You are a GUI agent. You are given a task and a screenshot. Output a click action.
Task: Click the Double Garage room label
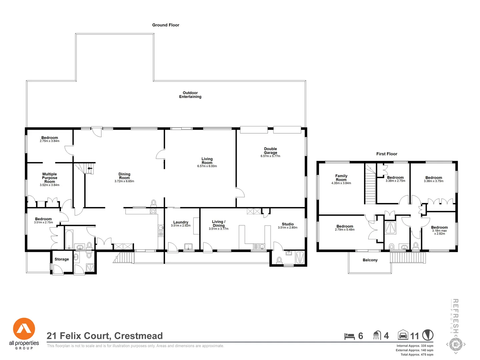270,151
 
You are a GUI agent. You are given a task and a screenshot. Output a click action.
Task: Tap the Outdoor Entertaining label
190,95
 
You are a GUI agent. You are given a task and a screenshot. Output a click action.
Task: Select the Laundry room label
181,222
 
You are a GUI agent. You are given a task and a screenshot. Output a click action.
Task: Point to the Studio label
288,224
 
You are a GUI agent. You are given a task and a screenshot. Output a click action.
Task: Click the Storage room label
62,259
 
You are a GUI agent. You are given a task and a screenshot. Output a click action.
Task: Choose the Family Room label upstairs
341,178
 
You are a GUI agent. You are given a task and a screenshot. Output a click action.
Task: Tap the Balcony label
370,260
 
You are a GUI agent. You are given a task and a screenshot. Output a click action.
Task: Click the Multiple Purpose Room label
50,178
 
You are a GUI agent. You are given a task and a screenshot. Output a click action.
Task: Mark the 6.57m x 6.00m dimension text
207,166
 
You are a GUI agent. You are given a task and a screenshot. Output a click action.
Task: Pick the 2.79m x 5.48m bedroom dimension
345,230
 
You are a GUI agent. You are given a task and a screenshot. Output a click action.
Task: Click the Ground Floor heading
166,25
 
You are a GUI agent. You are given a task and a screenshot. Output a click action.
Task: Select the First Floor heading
387,154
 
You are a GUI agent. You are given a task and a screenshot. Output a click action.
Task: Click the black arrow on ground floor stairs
90,169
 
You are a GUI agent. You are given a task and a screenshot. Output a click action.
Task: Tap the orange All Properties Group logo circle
24,329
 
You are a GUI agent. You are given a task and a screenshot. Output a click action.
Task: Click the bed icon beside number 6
349,336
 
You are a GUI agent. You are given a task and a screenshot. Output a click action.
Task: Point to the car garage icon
403,335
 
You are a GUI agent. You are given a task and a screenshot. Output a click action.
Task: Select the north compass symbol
428,335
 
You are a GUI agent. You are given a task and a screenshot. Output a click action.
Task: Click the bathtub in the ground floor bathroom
69,239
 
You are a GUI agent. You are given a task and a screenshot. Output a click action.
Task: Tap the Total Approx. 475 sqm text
417,354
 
